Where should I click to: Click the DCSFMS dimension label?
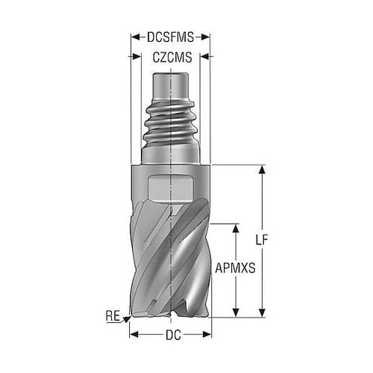point(170,37)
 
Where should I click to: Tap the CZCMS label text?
point(172,57)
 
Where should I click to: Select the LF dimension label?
point(262,240)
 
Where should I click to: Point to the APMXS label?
point(235,268)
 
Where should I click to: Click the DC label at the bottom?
point(173,335)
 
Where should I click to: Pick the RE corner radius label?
point(113,316)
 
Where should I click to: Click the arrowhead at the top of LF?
point(262,169)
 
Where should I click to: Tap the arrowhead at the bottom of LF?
point(262,313)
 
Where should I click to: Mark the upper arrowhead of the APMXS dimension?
point(236,228)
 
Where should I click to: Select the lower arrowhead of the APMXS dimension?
point(236,313)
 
